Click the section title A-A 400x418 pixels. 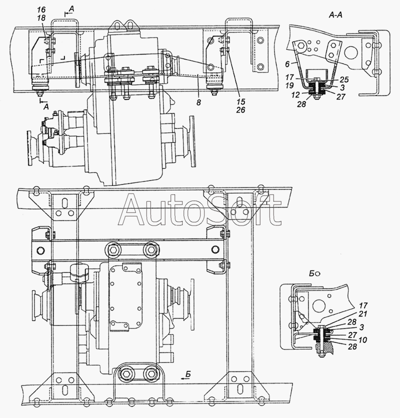pyautogui.click(x=335, y=15)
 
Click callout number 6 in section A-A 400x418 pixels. pyautogui.click(x=287, y=64)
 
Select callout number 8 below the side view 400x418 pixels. pyautogui.click(x=198, y=102)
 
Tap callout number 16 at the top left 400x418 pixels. pyautogui.click(x=41, y=10)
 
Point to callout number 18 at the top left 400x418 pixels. pyautogui.click(x=41, y=18)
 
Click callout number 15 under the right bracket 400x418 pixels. pyautogui.click(x=240, y=102)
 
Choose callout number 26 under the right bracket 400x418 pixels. pyautogui.click(x=240, y=110)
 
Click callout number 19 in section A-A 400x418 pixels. pyautogui.click(x=289, y=85)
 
